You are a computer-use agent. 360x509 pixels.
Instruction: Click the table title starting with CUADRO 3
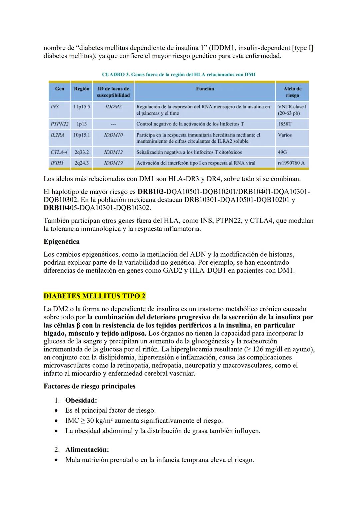click(179, 75)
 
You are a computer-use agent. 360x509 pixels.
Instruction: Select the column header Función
click(205, 89)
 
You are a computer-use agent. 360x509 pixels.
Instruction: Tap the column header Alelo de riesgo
click(292, 92)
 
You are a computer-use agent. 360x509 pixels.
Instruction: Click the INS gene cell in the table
click(55, 107)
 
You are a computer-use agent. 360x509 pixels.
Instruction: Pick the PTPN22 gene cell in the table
click(59, 124)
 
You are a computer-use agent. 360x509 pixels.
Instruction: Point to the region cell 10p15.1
click(82, 135)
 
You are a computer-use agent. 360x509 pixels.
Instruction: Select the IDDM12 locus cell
click(113, 152)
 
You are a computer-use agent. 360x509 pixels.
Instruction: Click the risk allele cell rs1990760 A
click(291, 163)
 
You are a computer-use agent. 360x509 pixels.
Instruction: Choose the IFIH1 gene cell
click(57, 163)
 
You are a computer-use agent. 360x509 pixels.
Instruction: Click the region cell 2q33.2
click(82, 152)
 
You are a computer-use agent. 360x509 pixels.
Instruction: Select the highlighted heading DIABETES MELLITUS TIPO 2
click(94, 296)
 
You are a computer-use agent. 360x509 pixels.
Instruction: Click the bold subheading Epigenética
click(61, 241)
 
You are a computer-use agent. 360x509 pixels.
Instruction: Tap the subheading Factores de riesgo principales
click(89, 386)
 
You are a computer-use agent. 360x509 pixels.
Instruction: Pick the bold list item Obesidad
click(81, 400)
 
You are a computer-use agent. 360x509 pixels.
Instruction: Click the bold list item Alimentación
click(87, 449)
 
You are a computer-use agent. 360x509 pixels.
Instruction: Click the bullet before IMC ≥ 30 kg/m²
click(57, 421)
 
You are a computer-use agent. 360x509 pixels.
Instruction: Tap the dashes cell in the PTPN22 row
click(113, 124)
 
